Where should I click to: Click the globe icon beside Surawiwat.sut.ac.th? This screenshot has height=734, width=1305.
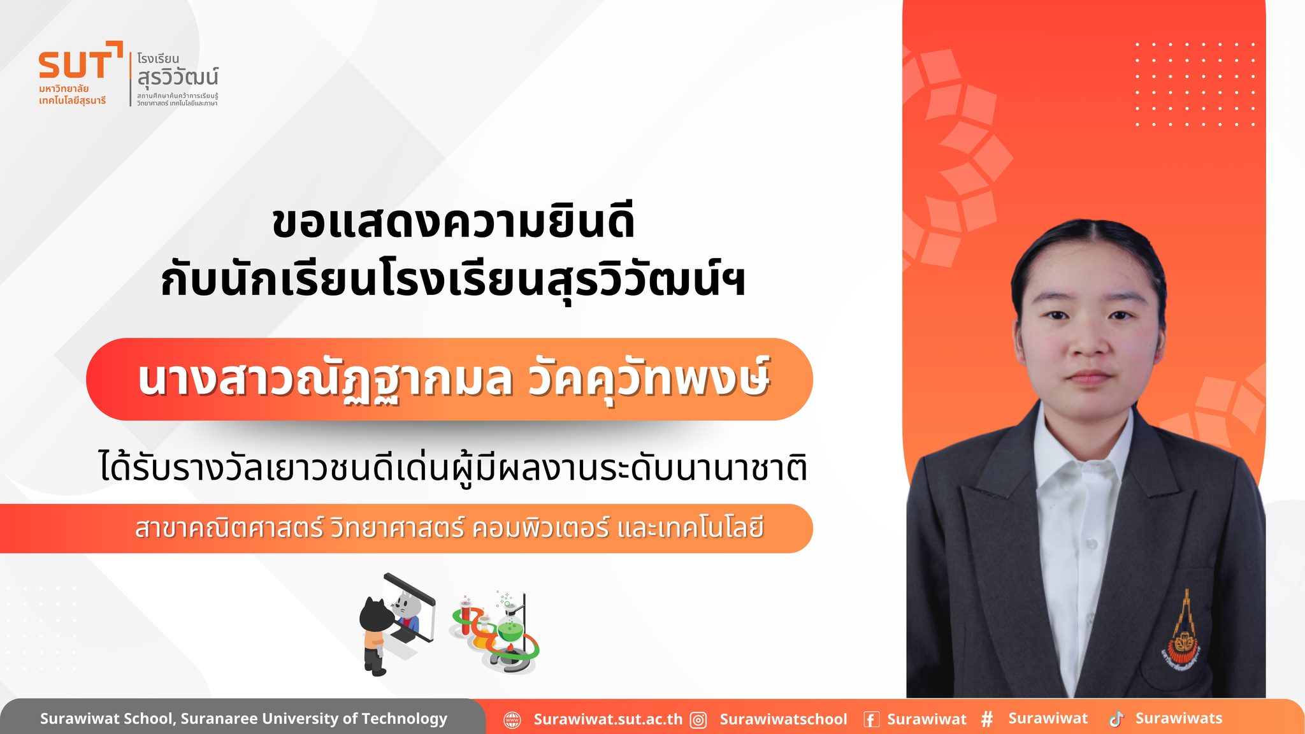click(x=512, y=720)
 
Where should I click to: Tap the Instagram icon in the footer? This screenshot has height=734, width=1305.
click(x=699, y=720)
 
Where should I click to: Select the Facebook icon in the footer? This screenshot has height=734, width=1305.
click(x=871, y=720)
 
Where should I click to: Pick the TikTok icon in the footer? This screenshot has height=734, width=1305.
click(x=1116, y=719)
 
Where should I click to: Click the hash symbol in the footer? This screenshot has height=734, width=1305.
click(x=987, y=719)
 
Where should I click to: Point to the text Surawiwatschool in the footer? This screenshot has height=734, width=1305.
click(x=783, y=719)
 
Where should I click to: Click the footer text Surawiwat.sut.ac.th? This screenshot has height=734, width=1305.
click(x=608, y=719)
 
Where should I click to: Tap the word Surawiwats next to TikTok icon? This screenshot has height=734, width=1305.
click(x=1179, y=718)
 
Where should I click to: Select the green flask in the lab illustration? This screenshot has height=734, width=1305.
click(x=508, y=627)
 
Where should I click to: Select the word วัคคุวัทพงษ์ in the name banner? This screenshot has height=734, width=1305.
click(x=649, y=378)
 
